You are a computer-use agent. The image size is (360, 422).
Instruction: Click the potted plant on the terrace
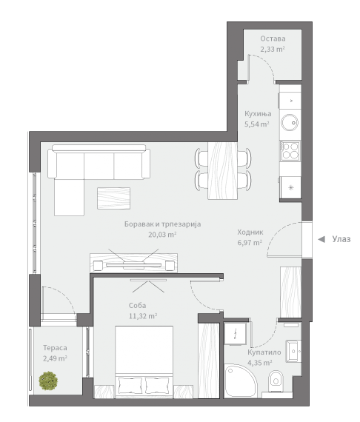click(48, 381)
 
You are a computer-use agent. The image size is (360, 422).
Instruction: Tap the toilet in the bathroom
click(276, 381)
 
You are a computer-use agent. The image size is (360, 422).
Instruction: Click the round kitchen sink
click(290, 122)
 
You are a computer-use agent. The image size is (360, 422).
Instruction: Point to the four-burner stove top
click(290, 151)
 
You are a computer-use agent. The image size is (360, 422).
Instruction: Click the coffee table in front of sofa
click(113, 198)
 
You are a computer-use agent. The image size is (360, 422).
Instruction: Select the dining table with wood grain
click(222, 170)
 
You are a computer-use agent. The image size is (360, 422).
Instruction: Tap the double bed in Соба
click(144, 362)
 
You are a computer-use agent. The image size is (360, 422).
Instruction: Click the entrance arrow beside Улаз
click(321, 239)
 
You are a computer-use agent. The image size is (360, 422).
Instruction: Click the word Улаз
click(341, 239)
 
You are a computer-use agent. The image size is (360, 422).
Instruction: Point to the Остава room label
click(273, 38)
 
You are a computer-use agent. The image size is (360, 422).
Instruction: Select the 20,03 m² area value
click(162, 235)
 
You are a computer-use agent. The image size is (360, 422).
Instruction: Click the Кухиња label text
click(258, 114)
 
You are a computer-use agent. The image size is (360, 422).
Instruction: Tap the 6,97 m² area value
click(250, 243)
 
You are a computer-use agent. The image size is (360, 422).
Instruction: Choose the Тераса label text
click(55, 348)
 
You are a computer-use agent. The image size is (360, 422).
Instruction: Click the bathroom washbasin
click(293, 351)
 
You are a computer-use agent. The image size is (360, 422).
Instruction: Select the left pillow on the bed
click(130, 385)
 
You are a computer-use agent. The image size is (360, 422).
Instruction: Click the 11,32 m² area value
click(143, 316)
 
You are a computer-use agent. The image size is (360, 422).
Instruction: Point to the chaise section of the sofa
click(69, 197)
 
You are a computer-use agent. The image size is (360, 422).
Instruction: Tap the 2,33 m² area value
click(273, 50)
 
